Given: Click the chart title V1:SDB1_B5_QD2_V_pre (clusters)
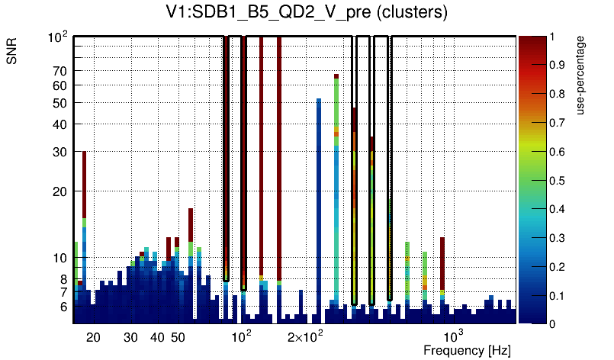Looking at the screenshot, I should [x=306, y=14].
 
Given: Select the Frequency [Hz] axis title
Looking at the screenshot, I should [x=467, y=350].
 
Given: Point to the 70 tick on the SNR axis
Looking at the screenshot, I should [x=59, y=71].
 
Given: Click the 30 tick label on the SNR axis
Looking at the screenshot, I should [x=59, y=152].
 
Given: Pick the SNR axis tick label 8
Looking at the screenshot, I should [x=63, y=279].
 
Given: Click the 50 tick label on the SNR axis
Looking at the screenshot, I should [x=59, y=103].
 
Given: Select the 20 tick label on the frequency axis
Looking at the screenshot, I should [x=93, y=337].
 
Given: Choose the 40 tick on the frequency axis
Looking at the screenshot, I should [x=157, y=337].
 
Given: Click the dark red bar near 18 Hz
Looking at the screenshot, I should [x=84, y=183].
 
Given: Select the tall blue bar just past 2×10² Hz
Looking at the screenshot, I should [x=319, y=206].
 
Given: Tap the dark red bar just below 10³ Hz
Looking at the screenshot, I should [x=442, y=263].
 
